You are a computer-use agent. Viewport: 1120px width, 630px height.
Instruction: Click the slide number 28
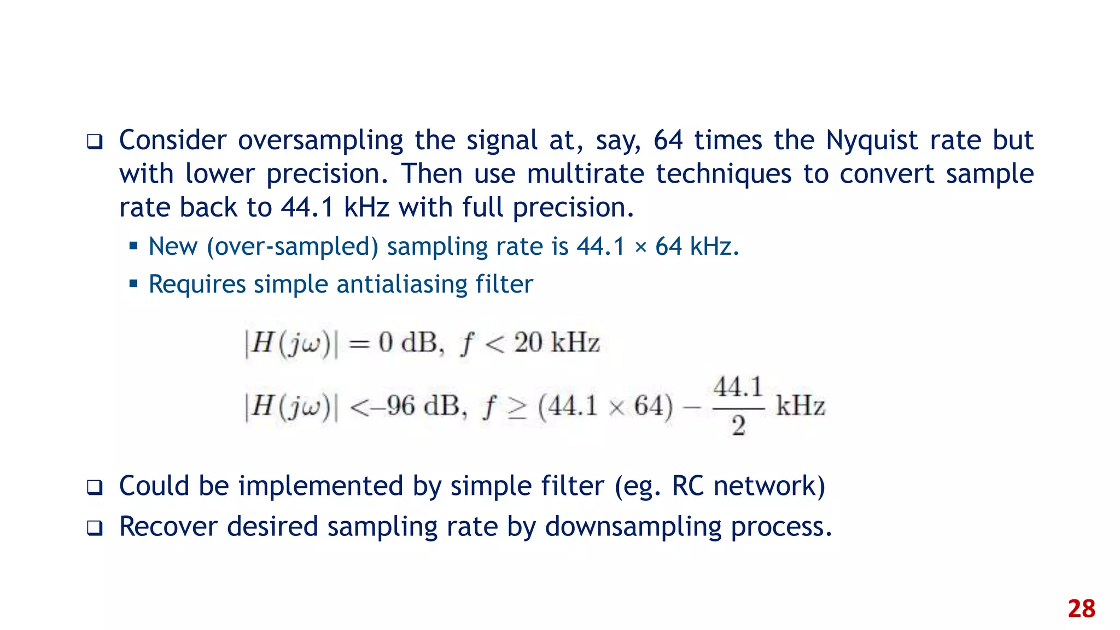1081,609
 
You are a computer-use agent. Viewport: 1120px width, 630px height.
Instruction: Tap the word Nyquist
872,141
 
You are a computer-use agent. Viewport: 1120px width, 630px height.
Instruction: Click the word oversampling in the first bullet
320,141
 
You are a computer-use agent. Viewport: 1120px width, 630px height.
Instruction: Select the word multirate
586,174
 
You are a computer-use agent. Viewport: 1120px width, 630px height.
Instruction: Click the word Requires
197,284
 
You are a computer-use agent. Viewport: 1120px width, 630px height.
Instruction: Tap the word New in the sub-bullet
173,246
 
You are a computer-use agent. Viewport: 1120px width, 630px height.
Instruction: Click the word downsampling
633,527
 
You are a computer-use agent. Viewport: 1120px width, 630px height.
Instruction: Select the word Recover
168,527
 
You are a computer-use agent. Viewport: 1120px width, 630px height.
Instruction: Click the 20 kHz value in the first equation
557,343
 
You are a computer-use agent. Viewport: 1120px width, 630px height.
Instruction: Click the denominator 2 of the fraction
738,425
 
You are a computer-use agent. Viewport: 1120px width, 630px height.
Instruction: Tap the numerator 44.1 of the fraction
738,388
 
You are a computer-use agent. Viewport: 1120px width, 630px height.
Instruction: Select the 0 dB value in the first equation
409,343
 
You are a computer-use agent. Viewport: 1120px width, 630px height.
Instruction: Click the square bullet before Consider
95,142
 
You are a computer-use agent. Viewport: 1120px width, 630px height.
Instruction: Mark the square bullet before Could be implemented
95,487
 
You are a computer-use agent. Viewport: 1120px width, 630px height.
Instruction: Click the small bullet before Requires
133,284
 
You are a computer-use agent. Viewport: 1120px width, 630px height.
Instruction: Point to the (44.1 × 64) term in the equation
605,406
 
